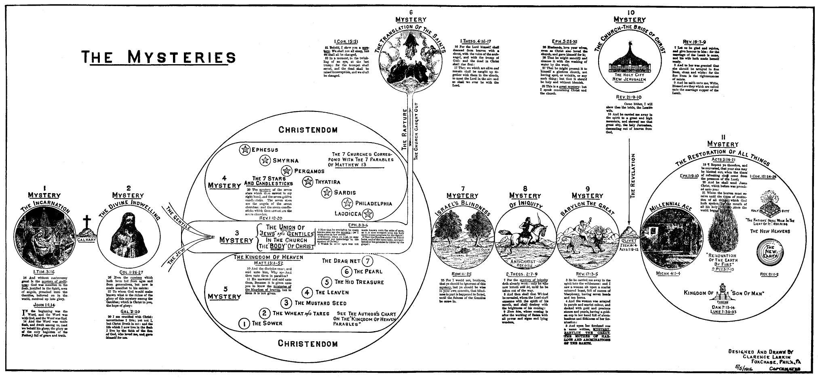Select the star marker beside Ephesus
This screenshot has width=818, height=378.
tap(244, 150)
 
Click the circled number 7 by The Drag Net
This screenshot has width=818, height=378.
tap(367, 260)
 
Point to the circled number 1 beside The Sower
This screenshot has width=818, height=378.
tap(244, 323)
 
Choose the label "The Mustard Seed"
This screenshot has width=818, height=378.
tap(320, 302)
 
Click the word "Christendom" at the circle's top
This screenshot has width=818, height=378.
tap(308, 130)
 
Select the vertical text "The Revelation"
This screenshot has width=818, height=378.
tap(633, 175)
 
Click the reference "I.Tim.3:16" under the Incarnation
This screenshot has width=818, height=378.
tap(44, 273)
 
